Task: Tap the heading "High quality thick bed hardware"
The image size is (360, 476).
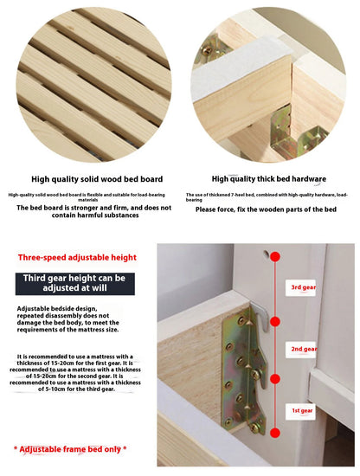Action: coord(269,179)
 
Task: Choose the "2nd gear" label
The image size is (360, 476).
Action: coord(303,349)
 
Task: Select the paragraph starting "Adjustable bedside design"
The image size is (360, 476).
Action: coord(67,318)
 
